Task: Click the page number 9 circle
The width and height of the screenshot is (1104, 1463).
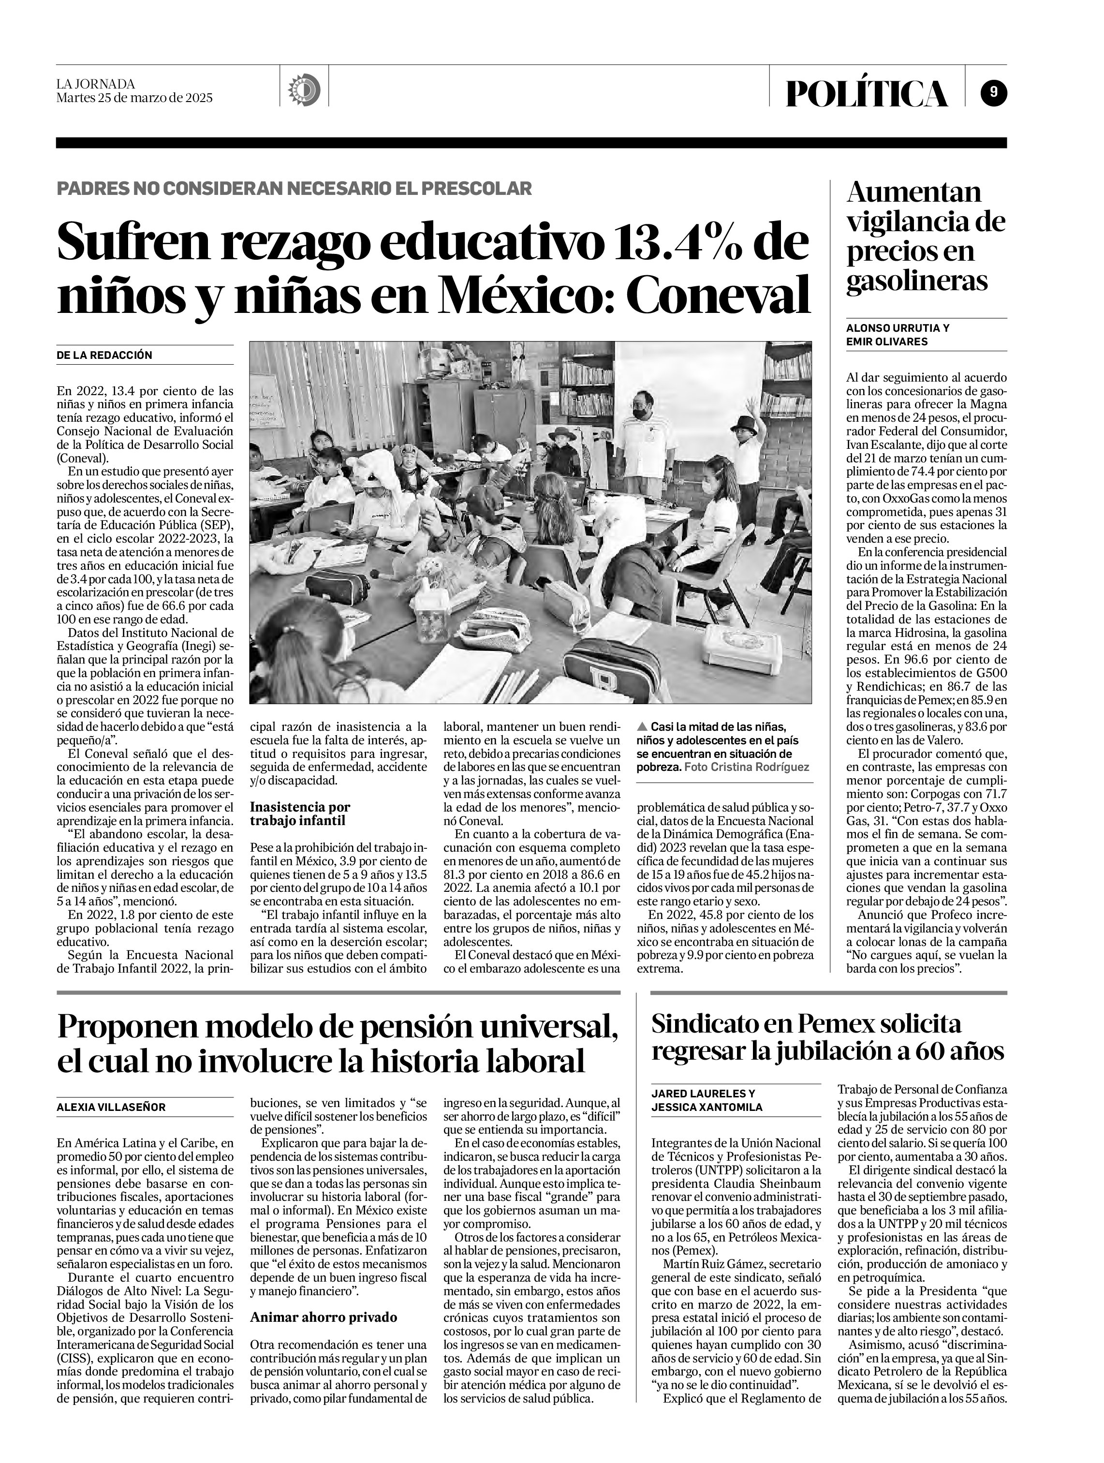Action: [994, 92]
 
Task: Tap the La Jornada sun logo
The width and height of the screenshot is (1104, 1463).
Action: [304, 88]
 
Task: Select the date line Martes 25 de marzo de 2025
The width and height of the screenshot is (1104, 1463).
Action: [134, 98]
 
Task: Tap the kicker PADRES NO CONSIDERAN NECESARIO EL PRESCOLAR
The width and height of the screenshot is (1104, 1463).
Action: [294, 189]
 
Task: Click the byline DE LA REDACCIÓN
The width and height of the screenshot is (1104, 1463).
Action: [104, 355]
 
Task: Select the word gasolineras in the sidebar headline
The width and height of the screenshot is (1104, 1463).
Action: [917, 281]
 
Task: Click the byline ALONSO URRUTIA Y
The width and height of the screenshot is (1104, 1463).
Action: [898, 328]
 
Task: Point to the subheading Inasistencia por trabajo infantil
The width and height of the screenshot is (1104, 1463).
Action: [300, 813]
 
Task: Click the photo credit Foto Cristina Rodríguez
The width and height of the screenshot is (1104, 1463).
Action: [746, 767]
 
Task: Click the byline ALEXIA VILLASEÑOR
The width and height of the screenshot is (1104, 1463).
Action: [111, 1107]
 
